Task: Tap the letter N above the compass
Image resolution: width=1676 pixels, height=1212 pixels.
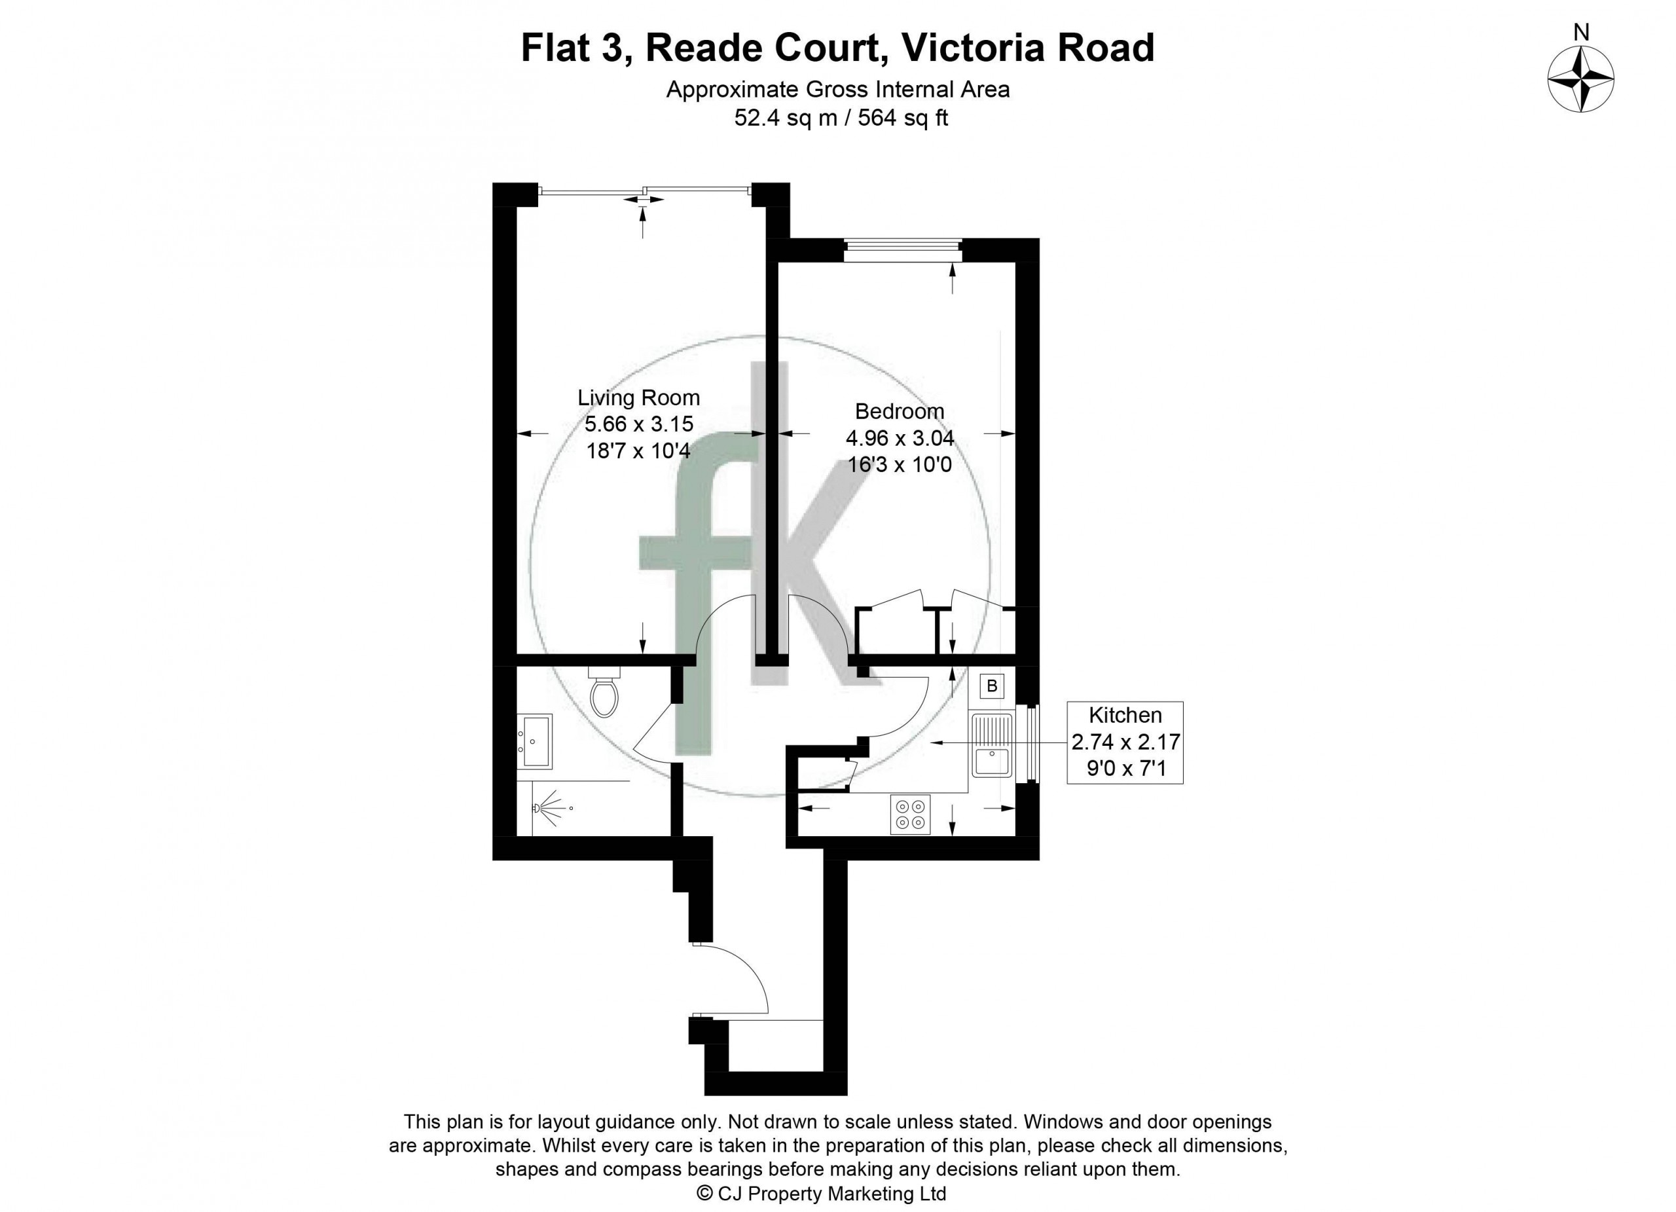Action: point(1580,32)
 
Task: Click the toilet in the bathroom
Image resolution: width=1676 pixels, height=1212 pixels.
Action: point(604,691)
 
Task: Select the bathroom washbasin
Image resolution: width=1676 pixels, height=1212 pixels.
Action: point(534,741)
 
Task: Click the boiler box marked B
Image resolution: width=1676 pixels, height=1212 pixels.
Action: point(992,686)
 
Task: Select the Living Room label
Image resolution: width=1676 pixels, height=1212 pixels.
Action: point(638,397)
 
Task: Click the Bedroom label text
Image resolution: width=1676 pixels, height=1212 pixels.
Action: point(900,411)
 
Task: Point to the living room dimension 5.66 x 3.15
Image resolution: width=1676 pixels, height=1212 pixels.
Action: point(638,424)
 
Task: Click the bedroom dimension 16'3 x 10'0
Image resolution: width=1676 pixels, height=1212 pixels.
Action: point(900,465)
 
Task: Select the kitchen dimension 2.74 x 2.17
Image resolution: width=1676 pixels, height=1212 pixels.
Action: point(1125,741)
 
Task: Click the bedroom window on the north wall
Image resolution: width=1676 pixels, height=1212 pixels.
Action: point(903,249)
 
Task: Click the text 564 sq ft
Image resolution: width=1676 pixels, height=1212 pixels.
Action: point(902,117)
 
